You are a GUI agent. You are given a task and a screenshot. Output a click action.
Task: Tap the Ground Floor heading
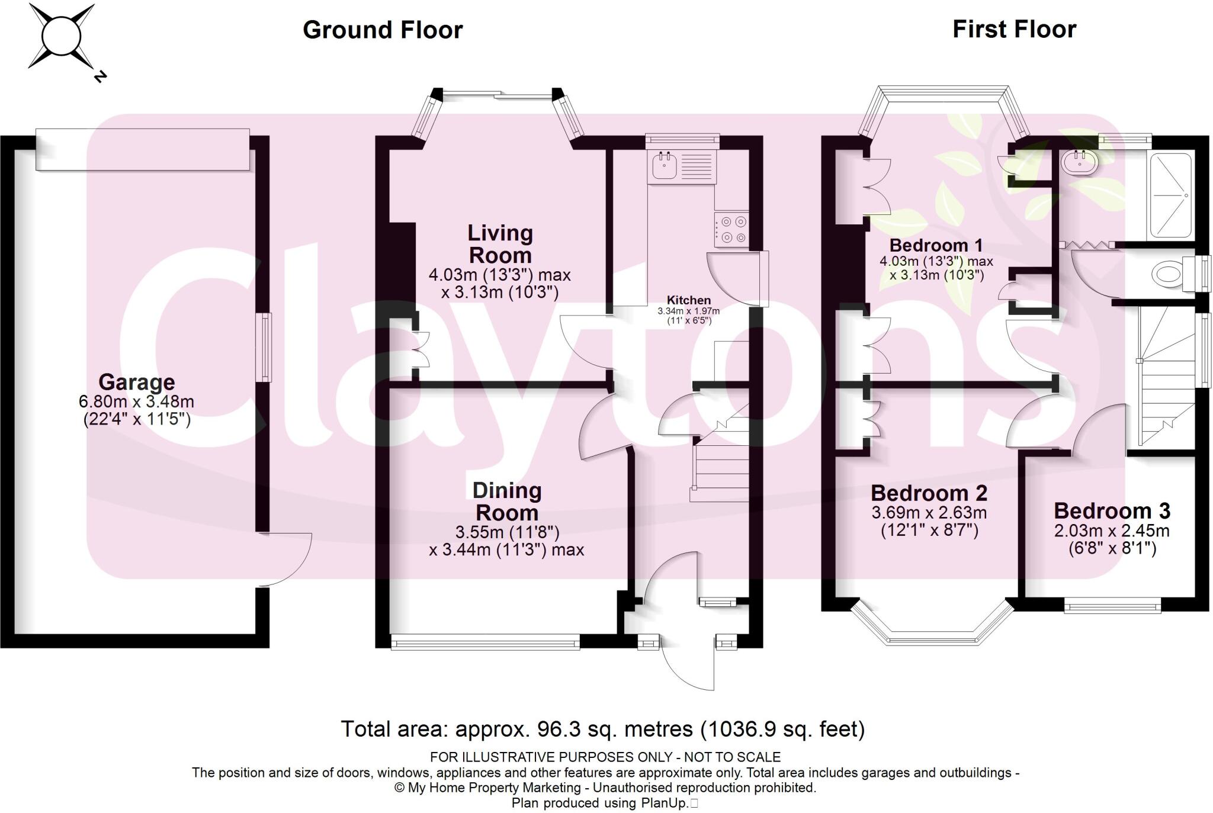click(383, 30)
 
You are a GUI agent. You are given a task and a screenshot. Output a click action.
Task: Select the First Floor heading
click(1014, 29)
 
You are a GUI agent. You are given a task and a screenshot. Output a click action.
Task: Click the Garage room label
click(136, 382)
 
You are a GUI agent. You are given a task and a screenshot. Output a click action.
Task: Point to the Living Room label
click(500, 244)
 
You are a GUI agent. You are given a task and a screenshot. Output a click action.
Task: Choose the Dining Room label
click(507, 502)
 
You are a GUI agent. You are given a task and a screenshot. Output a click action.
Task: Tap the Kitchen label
click(688, 300)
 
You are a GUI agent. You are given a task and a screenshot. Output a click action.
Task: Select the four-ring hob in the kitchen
click(731, 230)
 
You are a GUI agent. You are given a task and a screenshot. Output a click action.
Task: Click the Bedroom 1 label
click(936, 245)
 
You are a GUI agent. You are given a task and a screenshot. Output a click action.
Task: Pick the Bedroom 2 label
click(929, 493)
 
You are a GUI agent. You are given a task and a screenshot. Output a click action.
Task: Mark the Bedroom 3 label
click(1112, 510)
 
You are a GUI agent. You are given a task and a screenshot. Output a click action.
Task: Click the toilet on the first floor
click(1175, 274)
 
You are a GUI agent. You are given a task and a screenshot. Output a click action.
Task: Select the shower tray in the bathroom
click(1169, 196)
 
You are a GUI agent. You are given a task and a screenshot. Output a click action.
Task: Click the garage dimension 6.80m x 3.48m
click(136, 401)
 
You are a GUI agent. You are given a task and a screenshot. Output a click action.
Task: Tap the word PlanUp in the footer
click(663, 803)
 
